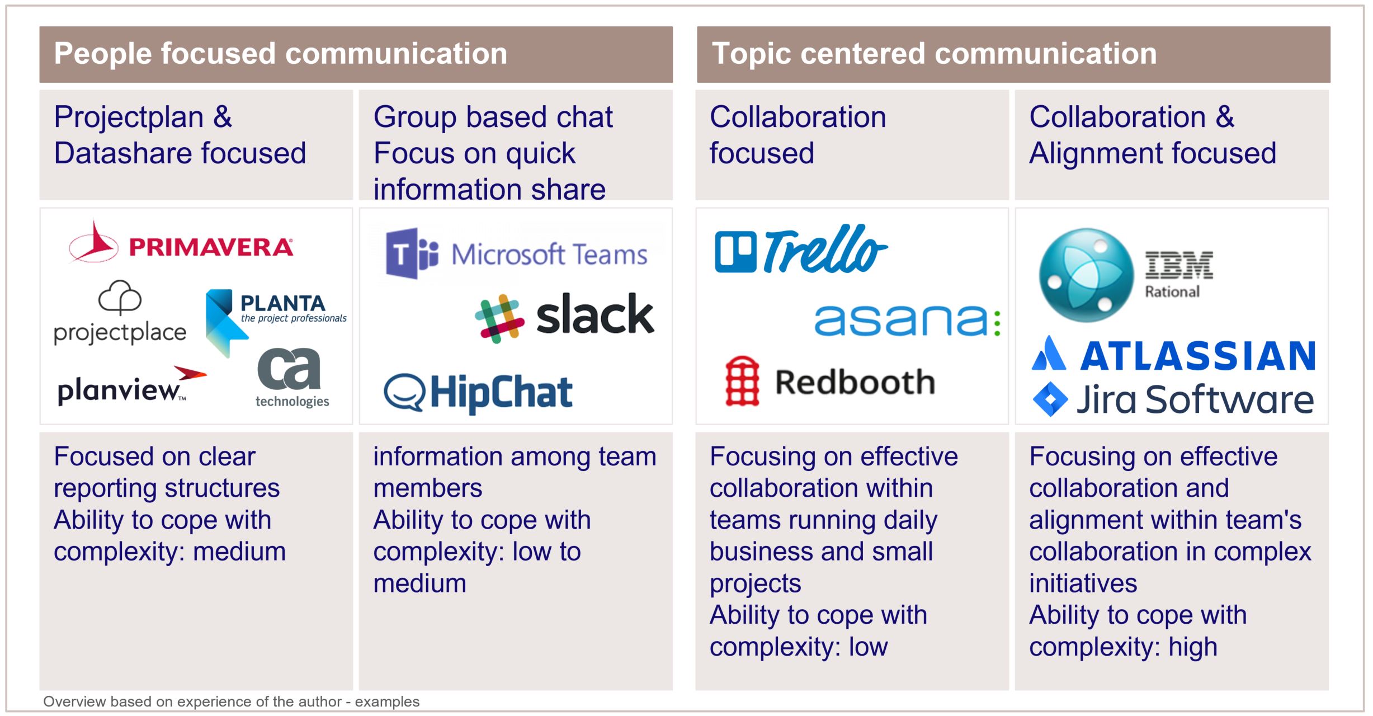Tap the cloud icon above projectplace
[120, 298]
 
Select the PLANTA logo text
[282, 303]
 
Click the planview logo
[132, 386]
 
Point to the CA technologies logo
[291, 378]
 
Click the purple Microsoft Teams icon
[412, 253]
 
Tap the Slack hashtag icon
[499, 318]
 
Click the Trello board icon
[735, 252]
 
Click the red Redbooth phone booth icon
[742, 381]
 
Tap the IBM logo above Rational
[1179, 265]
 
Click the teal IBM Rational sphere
[1086, 275]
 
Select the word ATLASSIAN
[1198, 356]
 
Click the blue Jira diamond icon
[1050, 399]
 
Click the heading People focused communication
[281, 54]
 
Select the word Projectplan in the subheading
[129, 118]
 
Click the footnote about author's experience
[231, 701]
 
